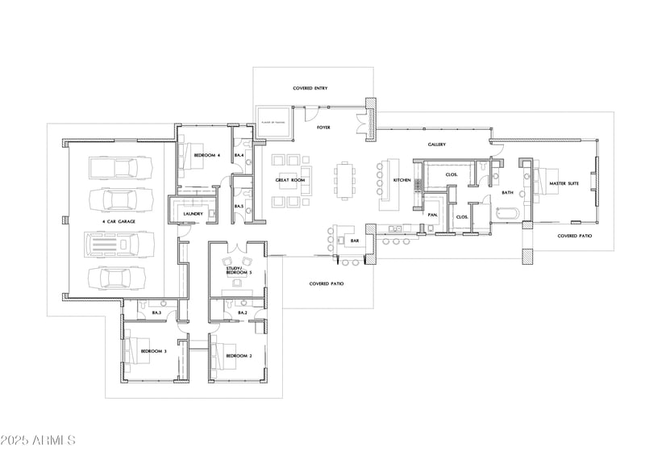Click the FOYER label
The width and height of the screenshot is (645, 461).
pyautogui.click(x=323, y=128)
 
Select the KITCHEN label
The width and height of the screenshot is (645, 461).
pyautogui.click(x=402, y=180)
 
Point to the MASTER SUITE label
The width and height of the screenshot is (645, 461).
pyautogui.click(x=564, y=183)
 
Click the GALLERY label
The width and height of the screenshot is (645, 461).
pyautogui.click(x=437, y=145)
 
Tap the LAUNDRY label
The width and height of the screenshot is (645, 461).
pyautogui.click(x=192, y=214)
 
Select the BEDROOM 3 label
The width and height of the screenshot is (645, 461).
pyautogui.click(x=153, y=352)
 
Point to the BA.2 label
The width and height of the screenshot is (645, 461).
pyautogui.click(x=242, y=312)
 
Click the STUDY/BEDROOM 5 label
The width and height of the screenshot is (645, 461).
pyautogui.click(x=239, y=271)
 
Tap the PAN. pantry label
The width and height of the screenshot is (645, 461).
pyautogui.click(x=432, y=215)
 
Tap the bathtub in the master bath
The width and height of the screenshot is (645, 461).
pyautogui.click(x=506, y=215)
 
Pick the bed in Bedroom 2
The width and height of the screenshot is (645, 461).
pyautogui.click(x=221, y=356)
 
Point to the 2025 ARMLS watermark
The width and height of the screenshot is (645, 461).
pyautogui.click(x=38, y=441)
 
